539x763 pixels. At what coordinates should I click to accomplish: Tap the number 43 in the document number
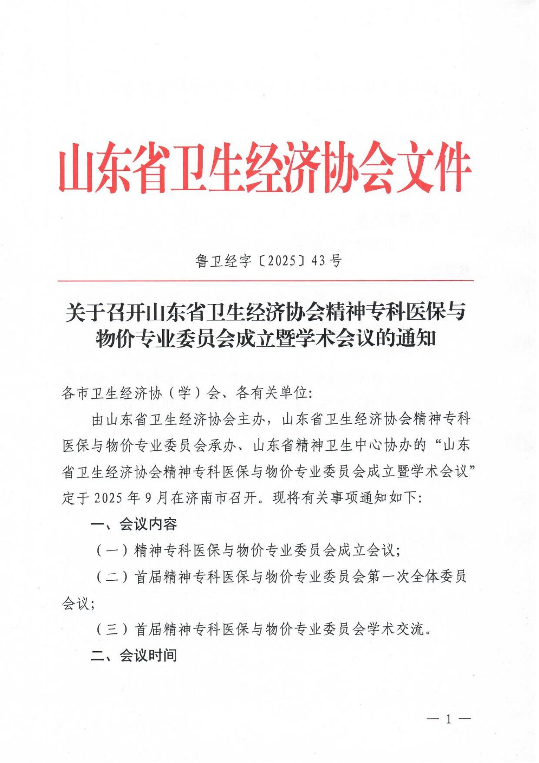(x=318, y=261)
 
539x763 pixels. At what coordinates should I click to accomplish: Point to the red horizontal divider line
(x=265, y=281)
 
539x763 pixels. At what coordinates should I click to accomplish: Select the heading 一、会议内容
(x=134, y=524)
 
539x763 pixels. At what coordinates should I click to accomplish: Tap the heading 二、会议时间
(x=134, y=655)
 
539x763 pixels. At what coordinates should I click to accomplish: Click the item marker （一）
(x=112, y=551)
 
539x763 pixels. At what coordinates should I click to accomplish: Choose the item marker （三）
(x=112, y=629)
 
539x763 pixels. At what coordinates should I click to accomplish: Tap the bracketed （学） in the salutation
(x=184, y=393)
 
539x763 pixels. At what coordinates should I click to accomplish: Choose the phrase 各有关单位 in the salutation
(x=271, y=393)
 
